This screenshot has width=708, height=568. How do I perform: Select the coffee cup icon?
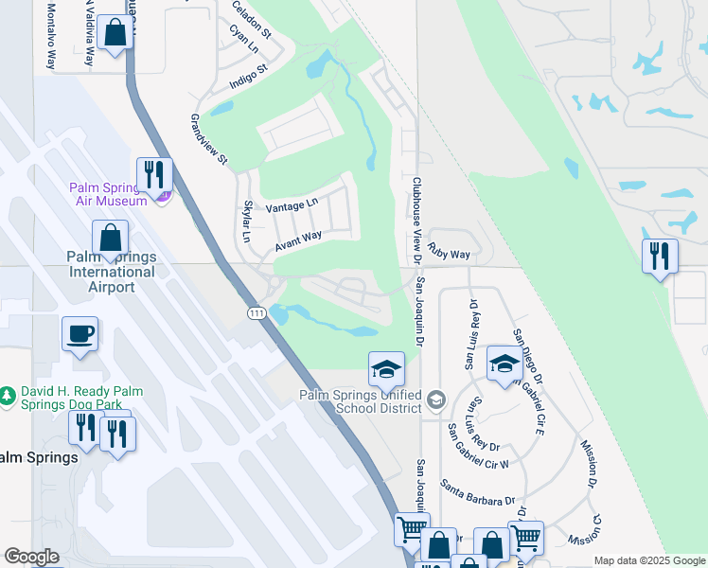point(80,333)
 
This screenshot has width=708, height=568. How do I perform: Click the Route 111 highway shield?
point(256,313)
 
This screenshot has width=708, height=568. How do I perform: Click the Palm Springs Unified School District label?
point(360,401)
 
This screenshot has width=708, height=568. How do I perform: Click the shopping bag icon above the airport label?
point(111,238)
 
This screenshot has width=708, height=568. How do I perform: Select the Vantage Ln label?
point(292,205)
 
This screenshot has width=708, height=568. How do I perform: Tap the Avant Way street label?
point(299,241)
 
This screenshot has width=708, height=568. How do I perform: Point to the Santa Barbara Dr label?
point(477,492)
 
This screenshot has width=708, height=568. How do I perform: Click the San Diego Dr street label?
point(530,354)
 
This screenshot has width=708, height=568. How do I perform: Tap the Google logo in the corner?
point(32,557)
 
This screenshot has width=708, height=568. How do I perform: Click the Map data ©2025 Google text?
point(648,560)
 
